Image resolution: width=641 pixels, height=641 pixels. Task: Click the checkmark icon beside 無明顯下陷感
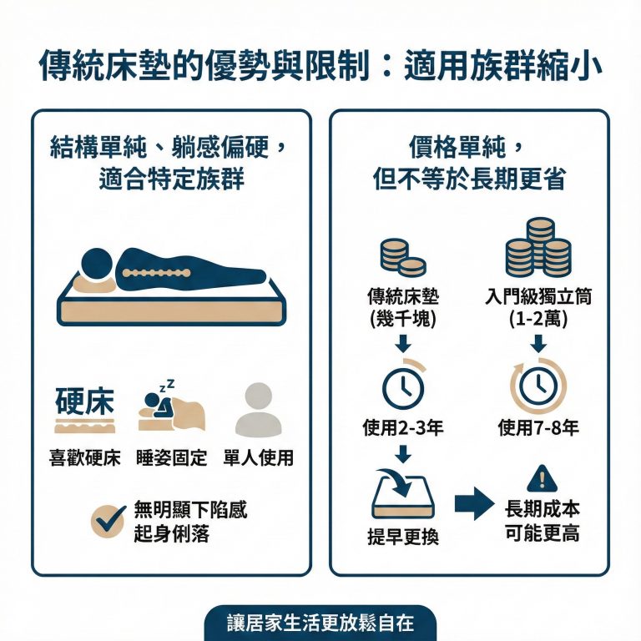[109, 521]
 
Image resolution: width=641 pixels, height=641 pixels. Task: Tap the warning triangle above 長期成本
[541, 479]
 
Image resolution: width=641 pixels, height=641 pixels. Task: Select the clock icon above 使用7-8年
[538, 386]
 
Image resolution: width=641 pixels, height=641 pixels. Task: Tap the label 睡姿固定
[172, 458]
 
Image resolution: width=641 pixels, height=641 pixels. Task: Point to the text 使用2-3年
[403, 428]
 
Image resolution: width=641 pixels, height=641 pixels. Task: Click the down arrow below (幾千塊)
[403, 342]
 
